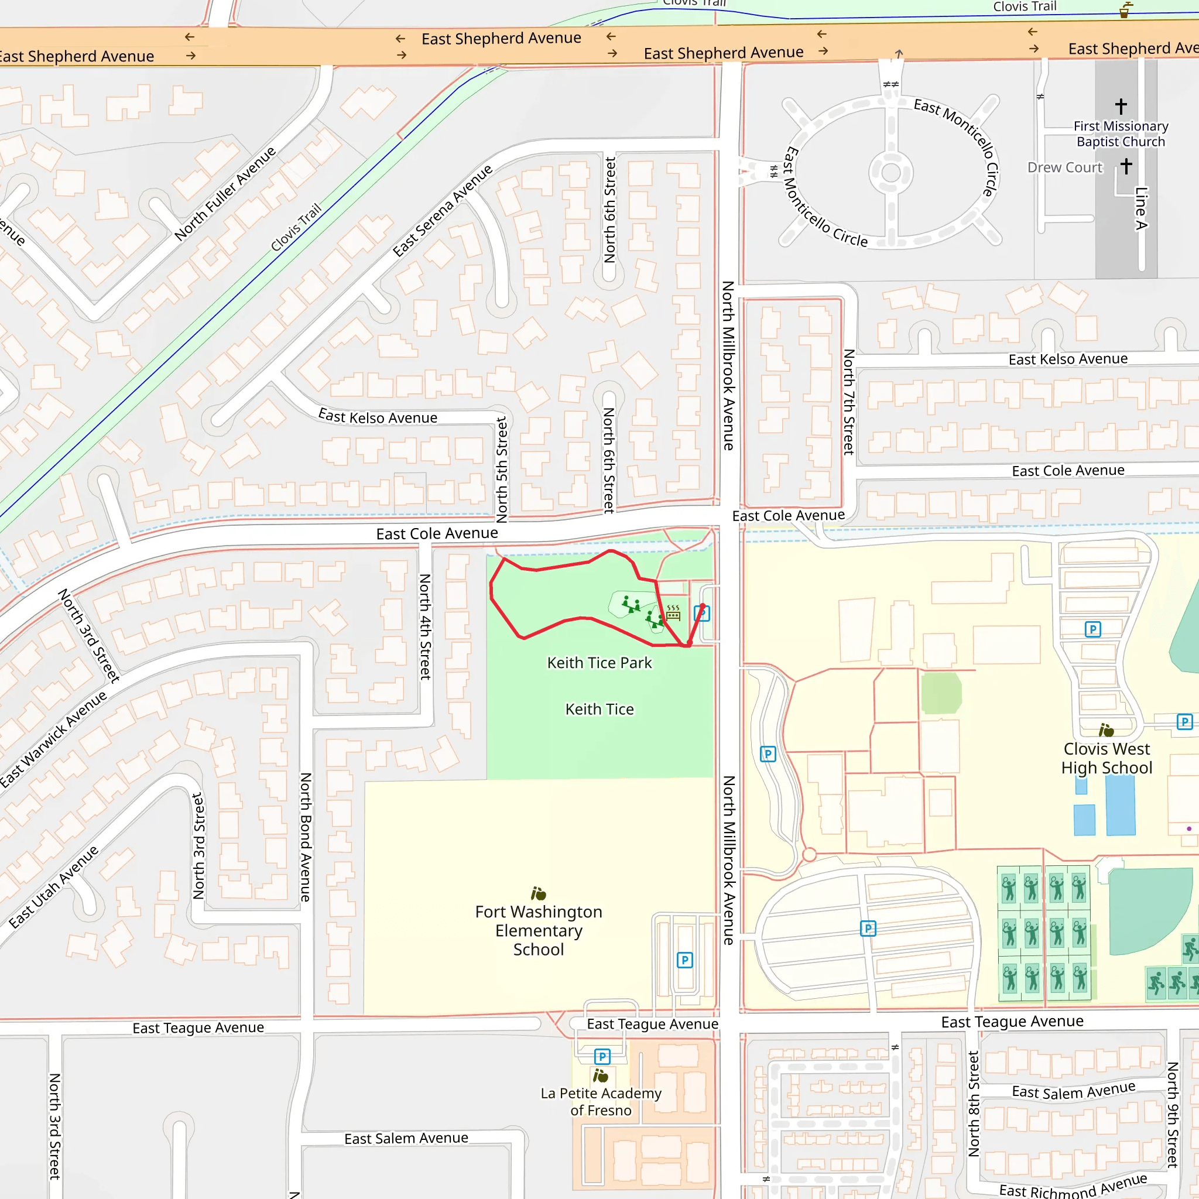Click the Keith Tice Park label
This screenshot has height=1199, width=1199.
pyautogui.click(x=599, y=663)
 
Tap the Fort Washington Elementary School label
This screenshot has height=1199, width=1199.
pyautogui.click(x=538, y=930)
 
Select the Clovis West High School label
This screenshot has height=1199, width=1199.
pyautogui.click(x=1106, y=758)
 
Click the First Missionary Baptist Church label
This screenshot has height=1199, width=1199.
pyautogui.click(x=1120, y=133)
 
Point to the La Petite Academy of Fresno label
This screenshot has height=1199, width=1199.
pyautogui.click(x=600, y=1102)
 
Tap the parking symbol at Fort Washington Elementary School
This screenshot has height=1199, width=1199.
pyautogui.click(x=684, y=960)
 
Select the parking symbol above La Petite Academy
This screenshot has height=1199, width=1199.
pyautogui.click(x=602, y=1056)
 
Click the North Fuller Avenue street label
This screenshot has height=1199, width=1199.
pyautogui.click(x=225, y=194)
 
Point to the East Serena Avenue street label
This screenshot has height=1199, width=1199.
pyautogui.click(x=443, y=210)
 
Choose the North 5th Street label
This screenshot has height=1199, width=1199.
pyautogui.click(x=502, y=469)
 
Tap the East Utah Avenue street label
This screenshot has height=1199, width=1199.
pyautogui.click(x=54, y=887)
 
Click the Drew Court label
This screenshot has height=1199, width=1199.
pyautogui.click(x=1064, y=167)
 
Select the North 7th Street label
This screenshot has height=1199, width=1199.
pyautogui.click(x=848, y=402)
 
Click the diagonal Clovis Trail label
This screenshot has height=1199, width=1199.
pyautogui.click(x=296, y=227)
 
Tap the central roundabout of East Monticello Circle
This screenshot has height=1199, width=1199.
pyautogui.click(x=890, y=173)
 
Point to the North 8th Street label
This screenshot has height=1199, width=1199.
pyautogui.click(x=973, y=1104)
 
